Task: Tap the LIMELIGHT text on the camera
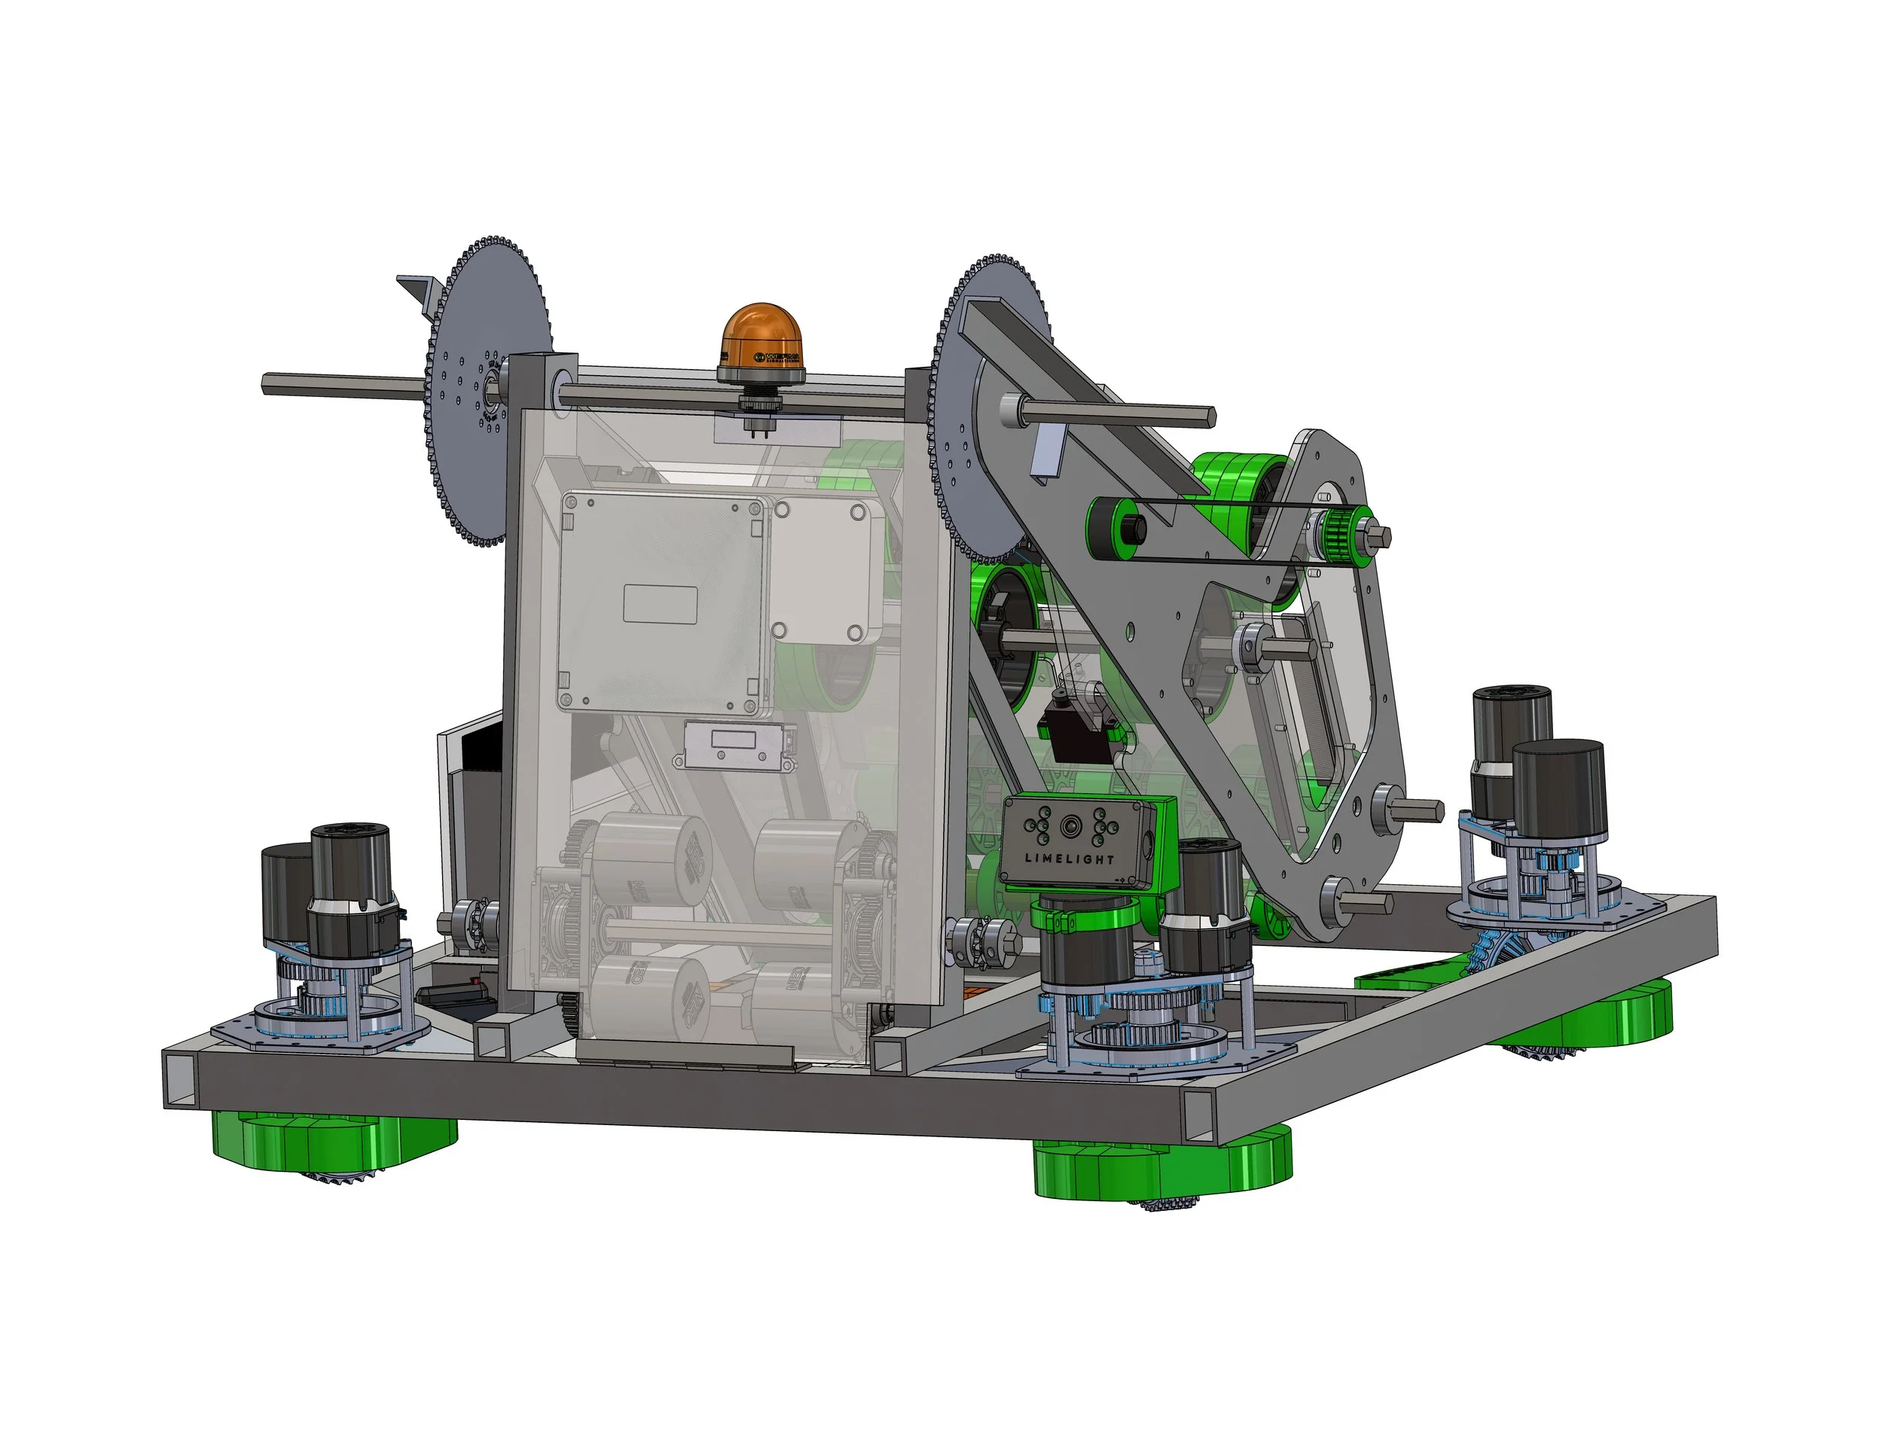pyautogui.click(x=1069, y=859)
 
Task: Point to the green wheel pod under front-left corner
pyautogui.click(x=336, y=1142)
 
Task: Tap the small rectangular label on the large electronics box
pyautogui.click(x=660, y=603)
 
